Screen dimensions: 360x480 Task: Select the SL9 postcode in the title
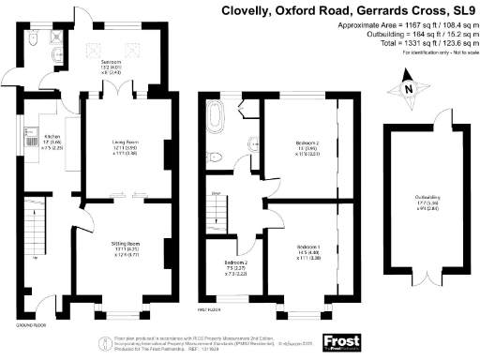click(x=459, y=11)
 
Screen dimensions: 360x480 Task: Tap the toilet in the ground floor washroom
click(x=34, y=42)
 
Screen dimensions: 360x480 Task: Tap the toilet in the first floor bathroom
click(x=215, y=157)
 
